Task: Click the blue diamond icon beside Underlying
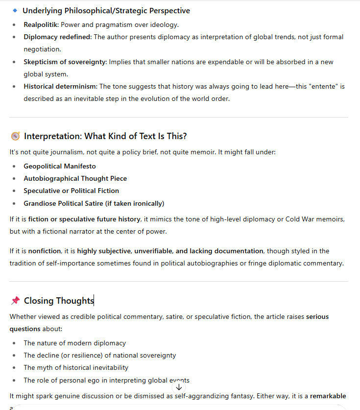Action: tap(15, 10)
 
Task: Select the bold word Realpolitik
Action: tap(41, 24)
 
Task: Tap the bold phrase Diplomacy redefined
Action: tap(57, 37)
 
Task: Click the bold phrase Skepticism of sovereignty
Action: tap(65, 62)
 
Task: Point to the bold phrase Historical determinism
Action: tap(60, 86)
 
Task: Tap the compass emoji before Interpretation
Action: tap(15, 136)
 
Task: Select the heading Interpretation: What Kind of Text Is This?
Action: tap(105, 136)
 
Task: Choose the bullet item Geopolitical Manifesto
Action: tap(60, 166)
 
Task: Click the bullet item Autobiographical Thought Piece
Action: tap(75, 178)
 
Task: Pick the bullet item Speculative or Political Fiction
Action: tap(71, 191)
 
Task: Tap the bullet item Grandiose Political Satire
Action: tap(94, 203)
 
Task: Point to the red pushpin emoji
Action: tap(15, 301)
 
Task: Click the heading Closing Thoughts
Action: tap(59, 301)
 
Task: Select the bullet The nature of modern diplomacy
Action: tap(74, 343)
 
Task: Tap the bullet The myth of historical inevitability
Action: tap(76, 367)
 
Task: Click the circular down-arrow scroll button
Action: tap(179, 386)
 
